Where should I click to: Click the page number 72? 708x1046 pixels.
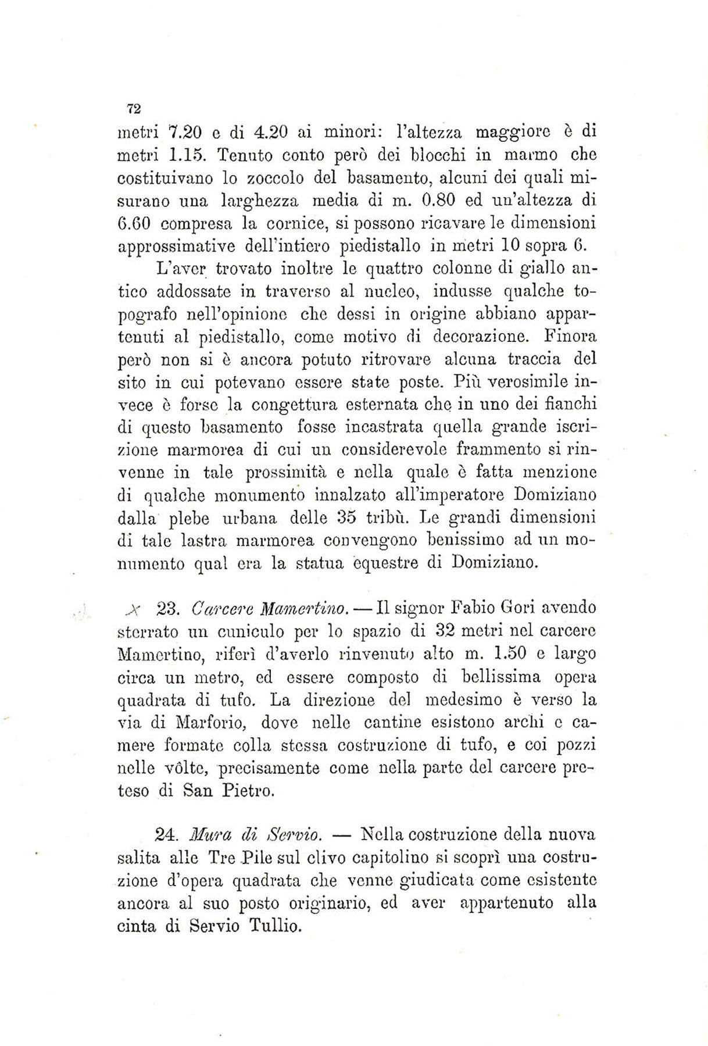[134, 108]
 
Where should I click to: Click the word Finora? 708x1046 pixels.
[571, 336]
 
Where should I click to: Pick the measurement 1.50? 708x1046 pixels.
[509, 654]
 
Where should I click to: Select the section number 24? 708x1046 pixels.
[167, 836]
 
